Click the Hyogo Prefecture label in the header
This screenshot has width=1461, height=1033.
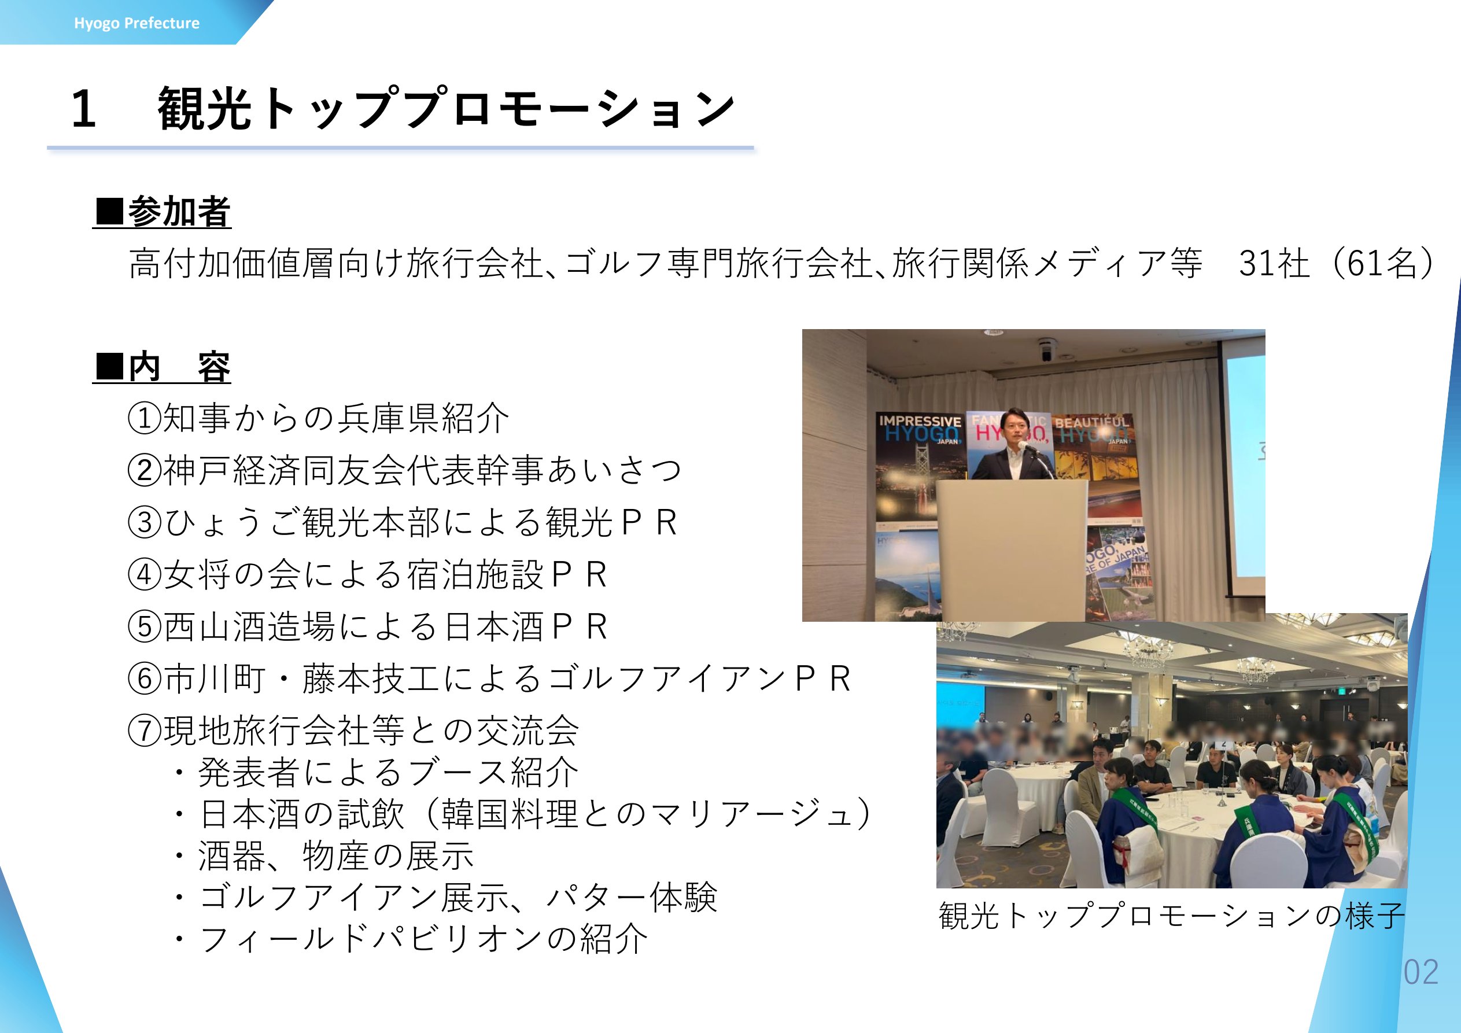point(137,24)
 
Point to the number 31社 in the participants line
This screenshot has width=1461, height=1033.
point(1275,263)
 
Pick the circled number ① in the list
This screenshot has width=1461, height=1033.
point(145,419)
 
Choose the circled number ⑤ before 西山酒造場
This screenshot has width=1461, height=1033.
point(145,627)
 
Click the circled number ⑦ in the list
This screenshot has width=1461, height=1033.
point(145,731)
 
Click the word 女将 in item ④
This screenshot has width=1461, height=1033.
point(198,575)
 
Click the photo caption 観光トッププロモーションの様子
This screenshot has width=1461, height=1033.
point(1171,915)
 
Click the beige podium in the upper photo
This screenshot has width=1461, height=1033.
point(1012,550)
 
